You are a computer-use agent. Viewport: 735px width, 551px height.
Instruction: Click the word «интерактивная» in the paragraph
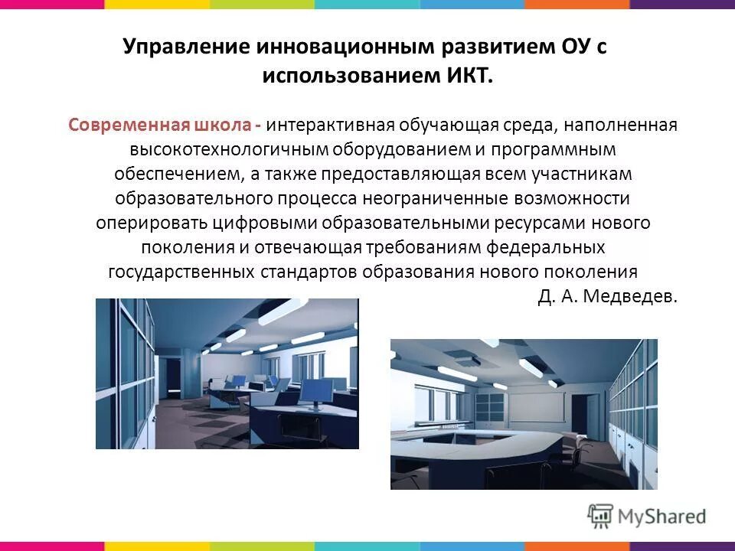pos(330,125)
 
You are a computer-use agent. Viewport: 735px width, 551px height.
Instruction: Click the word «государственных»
pos(181,272)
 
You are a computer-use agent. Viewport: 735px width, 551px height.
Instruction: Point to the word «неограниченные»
pos(446,199)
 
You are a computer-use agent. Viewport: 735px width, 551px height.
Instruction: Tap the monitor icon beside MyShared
pos(601,516)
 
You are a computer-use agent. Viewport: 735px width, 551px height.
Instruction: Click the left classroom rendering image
pos(227,373)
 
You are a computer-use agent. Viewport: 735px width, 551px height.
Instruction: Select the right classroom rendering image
pos(524,414)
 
